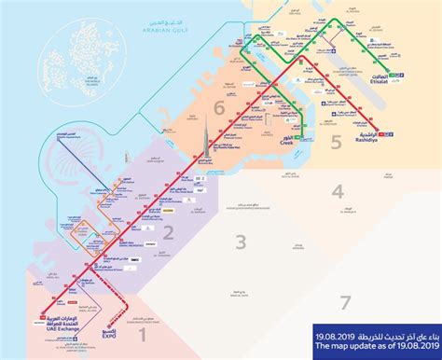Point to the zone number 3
(240, 243)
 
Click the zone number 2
(169, 231)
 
